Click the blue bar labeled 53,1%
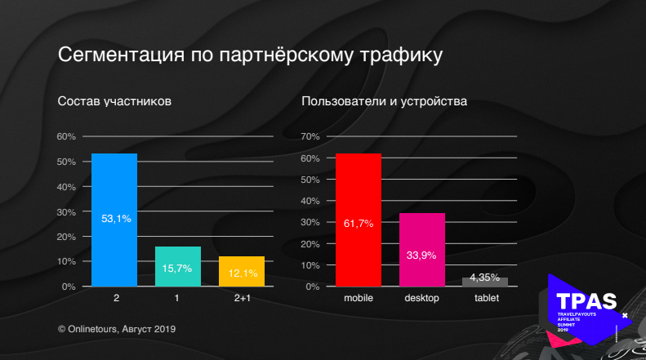pyautogui.click(x=114, y=219)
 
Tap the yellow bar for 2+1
pyautogui.click(x=241, y=271)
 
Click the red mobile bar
pyautogui.click(x=359, y=220)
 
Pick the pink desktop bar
pyautogui.click(x=421, y=250)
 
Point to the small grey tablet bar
pyautogui.click(x=485, y=282)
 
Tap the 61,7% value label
pyautogui.click(x=359, y=223)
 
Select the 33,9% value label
pyautogui.click(x=421, y=255)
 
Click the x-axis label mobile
pyautogui.click(x=359, y=299)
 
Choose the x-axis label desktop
pyautogui.click(x=421, y=299)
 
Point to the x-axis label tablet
pyautogui.click(x=486, y=299)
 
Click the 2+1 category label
pyautogui.click(x=242, y=299)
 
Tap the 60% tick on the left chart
pyautogui.click(x=66, y=136)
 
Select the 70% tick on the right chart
pyautogui.click(x=310, y=136)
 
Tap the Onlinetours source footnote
pyautogui.click(x=118, y=328)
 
